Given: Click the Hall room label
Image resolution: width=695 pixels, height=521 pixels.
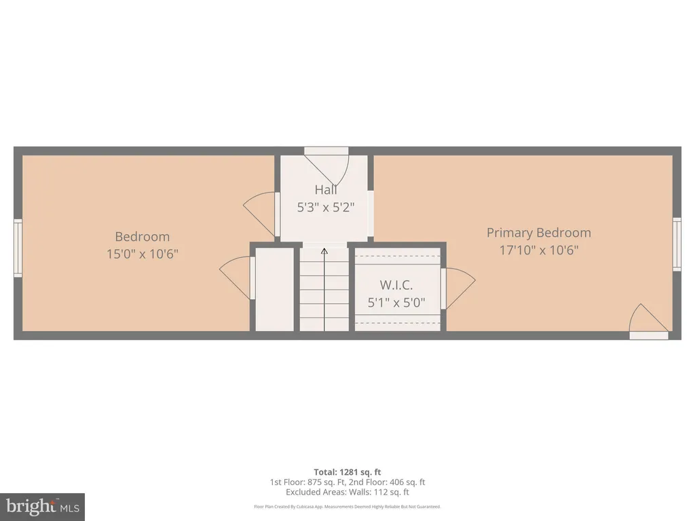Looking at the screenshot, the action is (326, 190).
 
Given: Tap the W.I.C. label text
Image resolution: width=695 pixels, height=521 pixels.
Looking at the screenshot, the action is (396, 285).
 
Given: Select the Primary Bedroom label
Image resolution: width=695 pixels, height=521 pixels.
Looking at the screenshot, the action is (538, 233).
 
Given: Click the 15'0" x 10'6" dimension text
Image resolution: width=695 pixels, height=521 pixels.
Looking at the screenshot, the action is (143, 254).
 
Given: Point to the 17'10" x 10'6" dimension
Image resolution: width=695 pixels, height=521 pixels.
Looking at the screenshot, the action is (539, 250).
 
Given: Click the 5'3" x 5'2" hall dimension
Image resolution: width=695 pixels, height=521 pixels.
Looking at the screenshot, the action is (326, 208).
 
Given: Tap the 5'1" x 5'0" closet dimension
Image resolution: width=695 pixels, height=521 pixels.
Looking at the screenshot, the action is (396, 303).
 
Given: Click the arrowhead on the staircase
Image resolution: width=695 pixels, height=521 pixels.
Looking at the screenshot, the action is (324, 251).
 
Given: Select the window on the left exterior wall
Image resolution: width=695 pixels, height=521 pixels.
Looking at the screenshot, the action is (18, 248).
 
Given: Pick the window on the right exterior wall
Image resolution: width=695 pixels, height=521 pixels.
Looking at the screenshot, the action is (677, 244).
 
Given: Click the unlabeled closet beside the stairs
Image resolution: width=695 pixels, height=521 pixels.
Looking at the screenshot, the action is (275, 289).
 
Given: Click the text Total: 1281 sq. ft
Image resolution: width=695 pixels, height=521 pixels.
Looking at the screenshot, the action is (347, 472).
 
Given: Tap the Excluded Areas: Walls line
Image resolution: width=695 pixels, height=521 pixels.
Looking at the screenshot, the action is (347, 493).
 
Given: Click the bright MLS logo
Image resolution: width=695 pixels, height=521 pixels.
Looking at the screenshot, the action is (43, 507).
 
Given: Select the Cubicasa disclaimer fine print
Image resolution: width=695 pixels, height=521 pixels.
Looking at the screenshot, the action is (347, 507).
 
